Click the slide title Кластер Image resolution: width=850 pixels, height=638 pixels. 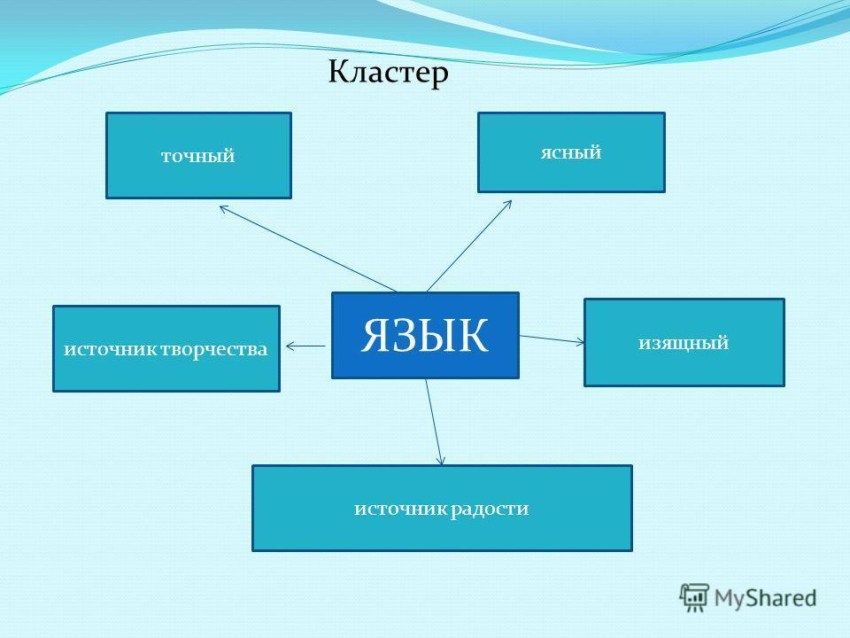click(388, 73)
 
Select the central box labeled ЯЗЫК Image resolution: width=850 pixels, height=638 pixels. click(425, 335)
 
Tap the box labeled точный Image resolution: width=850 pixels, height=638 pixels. click(198, 155)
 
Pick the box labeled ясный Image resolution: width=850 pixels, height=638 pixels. click(571, 152)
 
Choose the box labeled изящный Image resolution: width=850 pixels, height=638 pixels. click(684, 342)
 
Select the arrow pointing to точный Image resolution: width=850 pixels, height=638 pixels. click(308, 248)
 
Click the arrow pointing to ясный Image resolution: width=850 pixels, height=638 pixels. click(469, 245)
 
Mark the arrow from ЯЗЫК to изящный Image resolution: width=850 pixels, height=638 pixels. click(552, 339)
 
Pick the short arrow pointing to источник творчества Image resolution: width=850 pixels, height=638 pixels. click(305, 346)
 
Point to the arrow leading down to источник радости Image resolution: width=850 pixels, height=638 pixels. click(434, 422)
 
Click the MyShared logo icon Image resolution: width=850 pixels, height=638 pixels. click(694, 597)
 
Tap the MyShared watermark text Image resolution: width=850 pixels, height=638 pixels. click(765, 598)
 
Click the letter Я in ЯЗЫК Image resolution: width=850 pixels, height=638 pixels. click(378, 335)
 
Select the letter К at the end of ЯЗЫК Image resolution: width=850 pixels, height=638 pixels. click(472, 335)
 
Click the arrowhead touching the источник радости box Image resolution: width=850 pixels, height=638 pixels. click(441, 459)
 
